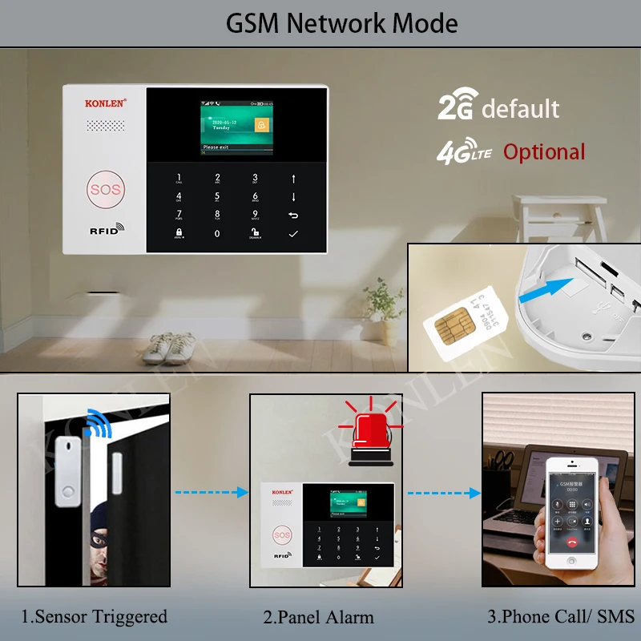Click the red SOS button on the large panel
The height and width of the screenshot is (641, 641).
click(x=104, y=190)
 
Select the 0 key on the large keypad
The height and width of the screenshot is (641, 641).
click(x=216, y=233)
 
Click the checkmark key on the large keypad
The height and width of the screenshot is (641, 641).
click(x=293, y=233)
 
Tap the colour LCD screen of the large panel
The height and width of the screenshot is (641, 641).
click(x=236, y=126)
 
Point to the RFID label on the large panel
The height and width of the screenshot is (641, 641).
click(x=103, y=230)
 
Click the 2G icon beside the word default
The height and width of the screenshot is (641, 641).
click(x=457, y=108)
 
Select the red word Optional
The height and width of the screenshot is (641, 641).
click(x=544, y=152)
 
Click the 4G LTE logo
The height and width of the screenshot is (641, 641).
click(x=464, y=152)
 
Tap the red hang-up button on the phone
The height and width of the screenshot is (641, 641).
click(x=572, y=541)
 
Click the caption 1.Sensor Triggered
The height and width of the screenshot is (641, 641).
click(x=95, y=616)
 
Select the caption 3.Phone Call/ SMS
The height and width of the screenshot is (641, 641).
click(x=561, y=616)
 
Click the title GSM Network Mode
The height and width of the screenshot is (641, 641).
click(x=342, y=23)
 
